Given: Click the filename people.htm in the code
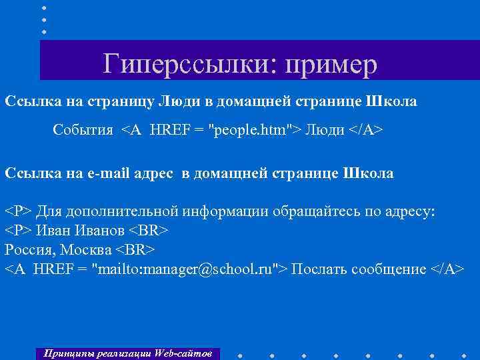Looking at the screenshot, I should pos(247,129).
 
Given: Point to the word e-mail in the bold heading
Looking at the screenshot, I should pos(114,173).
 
